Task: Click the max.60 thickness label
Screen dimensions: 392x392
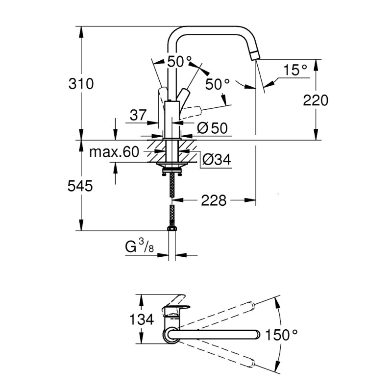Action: (x=114, y=152)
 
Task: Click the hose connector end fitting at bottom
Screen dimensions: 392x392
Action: (x=172, y=228)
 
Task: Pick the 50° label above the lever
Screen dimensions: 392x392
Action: (x=179, y=62)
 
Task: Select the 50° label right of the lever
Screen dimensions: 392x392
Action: (x=218, y=84)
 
